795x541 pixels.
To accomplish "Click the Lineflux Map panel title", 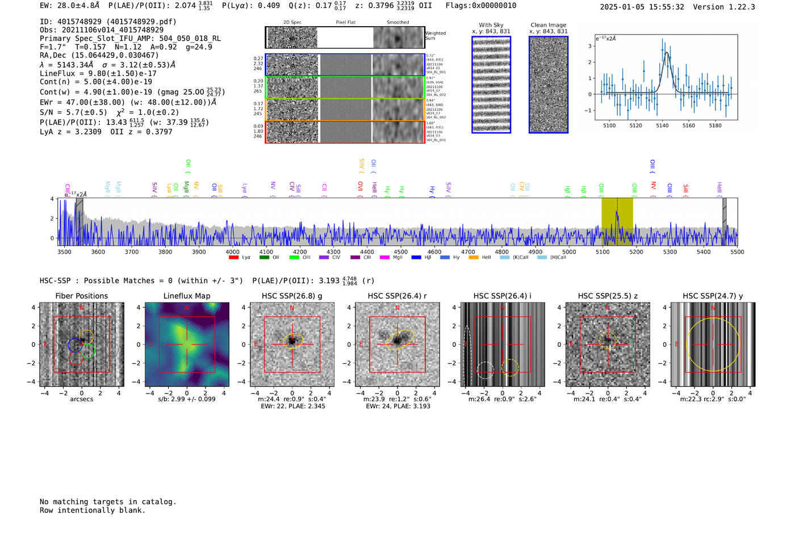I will click(x=186, y=296).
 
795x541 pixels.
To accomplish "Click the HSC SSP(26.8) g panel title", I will click(x=292, y=296).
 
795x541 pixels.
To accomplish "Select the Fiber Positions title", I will click(x=81, y=296).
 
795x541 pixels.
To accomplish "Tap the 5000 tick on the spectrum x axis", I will click(x=569, y=252).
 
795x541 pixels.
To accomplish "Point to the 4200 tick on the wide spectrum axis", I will click(x=300, y=252).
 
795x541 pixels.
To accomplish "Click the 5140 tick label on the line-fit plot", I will click(x=662, y=125).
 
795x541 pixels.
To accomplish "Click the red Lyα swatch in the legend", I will click(x=233, y=258).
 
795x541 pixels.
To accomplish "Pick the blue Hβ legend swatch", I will click(x=416, y=258).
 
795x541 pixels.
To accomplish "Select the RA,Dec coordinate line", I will click(x=99, y=55).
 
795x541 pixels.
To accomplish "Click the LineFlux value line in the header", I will click(x=98, y=73).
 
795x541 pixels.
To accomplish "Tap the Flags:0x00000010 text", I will click(x=480, y=6).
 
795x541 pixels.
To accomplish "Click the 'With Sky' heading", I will click(x=491, y=25).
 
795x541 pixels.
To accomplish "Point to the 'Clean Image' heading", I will click(x=548, y=25).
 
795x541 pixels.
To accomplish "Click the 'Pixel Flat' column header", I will click(x=345, y=23).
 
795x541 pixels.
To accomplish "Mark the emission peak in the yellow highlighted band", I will click(x=617, y=212).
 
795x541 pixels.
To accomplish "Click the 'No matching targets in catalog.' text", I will click(x=108, y=502).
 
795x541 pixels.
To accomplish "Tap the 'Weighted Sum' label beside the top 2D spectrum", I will click(x=435, y=36).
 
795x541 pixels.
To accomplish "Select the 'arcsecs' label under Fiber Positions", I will click(x=81, y=399).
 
